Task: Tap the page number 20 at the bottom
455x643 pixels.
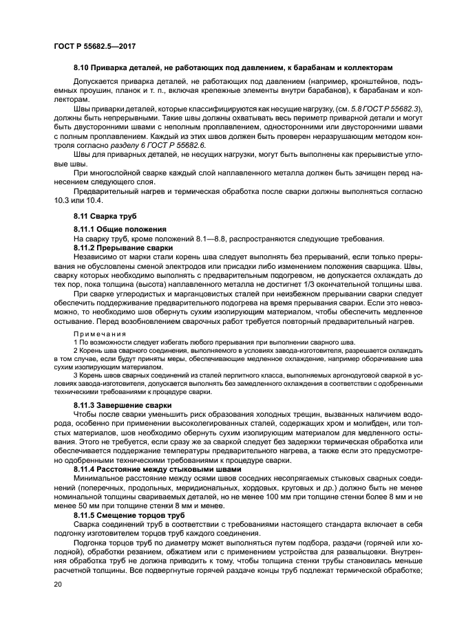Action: [58, 584]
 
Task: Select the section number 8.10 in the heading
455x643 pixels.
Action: [83, 68]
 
